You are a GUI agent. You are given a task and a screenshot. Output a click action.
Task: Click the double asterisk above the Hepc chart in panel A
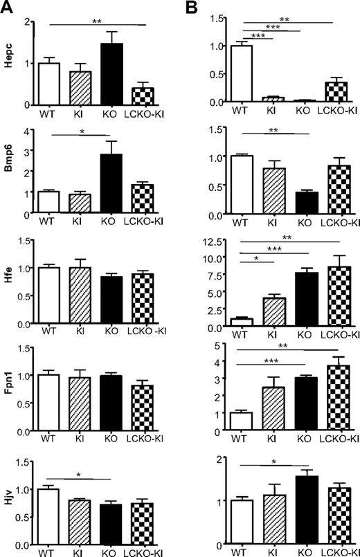96,21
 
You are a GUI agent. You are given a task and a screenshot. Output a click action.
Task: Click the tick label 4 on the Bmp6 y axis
31,130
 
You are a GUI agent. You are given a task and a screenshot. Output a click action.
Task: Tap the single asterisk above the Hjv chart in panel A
81,474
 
